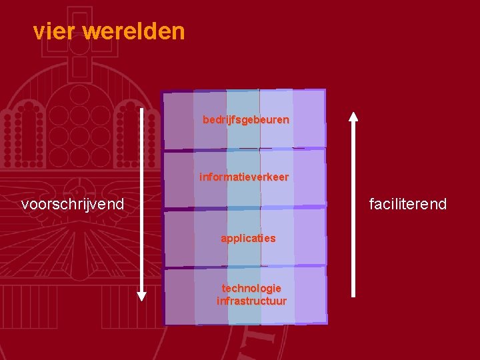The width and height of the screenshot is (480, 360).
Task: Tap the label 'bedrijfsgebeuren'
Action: coord(246,120)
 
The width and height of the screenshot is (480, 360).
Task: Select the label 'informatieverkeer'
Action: coord(244,177)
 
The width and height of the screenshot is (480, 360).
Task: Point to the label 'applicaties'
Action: coord(248,238)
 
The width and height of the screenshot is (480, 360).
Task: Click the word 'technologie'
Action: coord(251,288)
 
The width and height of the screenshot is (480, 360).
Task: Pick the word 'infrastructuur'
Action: coord(251,301)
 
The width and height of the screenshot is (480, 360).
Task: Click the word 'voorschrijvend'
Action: coord(73,204)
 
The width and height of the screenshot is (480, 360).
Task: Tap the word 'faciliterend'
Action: coord(408,204)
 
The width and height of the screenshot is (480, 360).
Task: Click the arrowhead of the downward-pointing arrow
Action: coord(142,295)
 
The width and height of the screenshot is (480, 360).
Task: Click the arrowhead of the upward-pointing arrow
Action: coord(353,117)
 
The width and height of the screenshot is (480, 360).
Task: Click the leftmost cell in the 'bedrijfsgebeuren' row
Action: coord(179,120)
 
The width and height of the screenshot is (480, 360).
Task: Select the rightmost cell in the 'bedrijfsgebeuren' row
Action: coord(309,118)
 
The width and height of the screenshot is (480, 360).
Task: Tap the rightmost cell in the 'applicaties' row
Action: coord(310,237)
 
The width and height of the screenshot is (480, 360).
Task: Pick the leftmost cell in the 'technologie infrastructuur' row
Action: coord(179,296)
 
